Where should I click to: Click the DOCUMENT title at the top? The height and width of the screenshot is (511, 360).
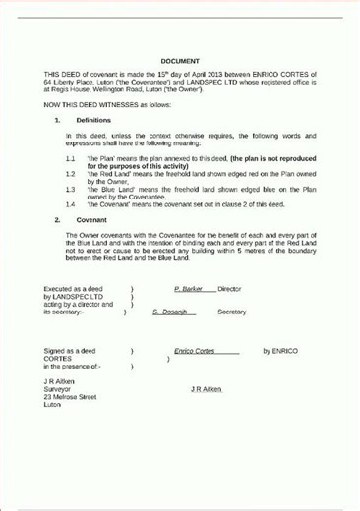tap(180, 61)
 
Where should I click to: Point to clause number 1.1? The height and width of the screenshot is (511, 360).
tap(71, 157)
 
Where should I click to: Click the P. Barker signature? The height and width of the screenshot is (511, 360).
tap(188, 289)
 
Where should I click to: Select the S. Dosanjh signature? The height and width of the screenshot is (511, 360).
tap(174, 312)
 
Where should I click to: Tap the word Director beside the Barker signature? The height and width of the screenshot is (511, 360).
tap(229, 289)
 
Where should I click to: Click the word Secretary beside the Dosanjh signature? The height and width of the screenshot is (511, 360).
tap(231, 312)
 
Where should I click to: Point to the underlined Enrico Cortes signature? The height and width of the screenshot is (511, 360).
tap(194, 351)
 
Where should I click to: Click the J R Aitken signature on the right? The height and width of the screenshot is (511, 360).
tap(206, 389)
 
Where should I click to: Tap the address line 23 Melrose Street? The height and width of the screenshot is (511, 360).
tap(70, 397)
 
